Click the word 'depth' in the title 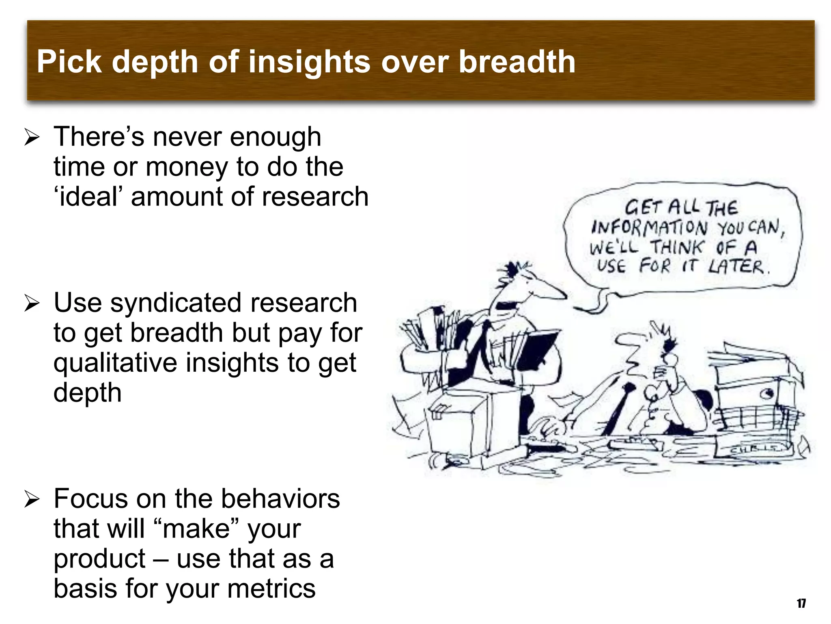click(156, 62)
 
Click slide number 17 click(801, 603)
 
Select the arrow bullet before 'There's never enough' click(31, 137)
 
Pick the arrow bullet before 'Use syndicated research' click(31, 303)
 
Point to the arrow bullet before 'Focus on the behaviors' click(31, 499)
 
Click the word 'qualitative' click(115, 363)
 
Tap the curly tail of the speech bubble click(596, 303)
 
